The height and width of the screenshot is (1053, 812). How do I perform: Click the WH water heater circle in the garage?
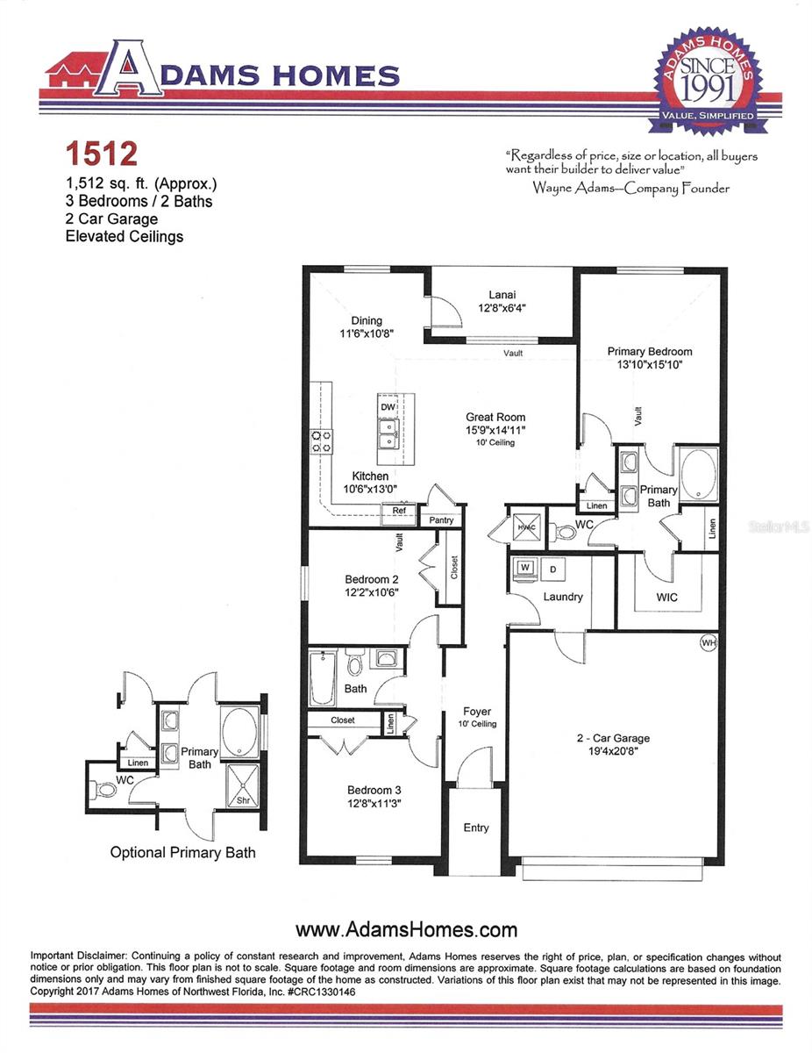pyautogui.click(x=709, y=643)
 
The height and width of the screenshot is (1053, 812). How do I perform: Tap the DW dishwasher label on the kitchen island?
pyautogui.click(x=388, y=407)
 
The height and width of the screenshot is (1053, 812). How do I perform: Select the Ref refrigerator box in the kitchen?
pyautogui.click(x=399, y=510)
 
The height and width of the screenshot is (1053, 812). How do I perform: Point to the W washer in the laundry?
pyautogui.click(x=525, y=568)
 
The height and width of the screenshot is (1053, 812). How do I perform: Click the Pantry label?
pyautogui.click(x=442, y=519)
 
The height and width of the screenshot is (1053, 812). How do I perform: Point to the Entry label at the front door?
pyautogui.click(x=476, y=827)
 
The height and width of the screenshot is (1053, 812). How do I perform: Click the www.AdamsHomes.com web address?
pyautogui.click(x=406, y=929)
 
